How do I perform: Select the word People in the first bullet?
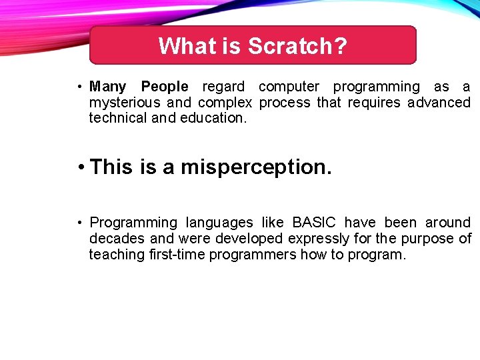click(165, 87)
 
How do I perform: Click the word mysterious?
click(125, 103)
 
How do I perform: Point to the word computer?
click(289, 87)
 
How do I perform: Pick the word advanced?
click(439, 103)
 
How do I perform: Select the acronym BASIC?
click(315, 223)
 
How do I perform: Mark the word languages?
click(219, 223)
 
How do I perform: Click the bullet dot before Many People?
click(79, 87)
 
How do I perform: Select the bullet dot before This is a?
click(79, 167)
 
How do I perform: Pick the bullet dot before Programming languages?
click(79, 223)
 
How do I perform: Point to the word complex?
click(225, 103)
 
